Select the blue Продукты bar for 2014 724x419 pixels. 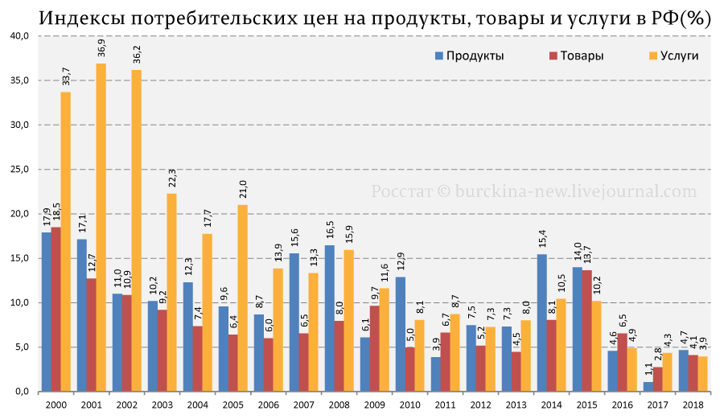(x=542, y=322)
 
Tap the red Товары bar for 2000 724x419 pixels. (x=56, y=309)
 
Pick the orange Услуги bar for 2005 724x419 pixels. (x=243, y=298)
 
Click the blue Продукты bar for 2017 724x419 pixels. (x=648, y=386)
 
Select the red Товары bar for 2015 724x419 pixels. (x=587, y=330)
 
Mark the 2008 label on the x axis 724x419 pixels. (x=339, y=405)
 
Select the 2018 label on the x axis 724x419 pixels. (x=693, y=405)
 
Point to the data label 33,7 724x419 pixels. (x=66, y=76)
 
